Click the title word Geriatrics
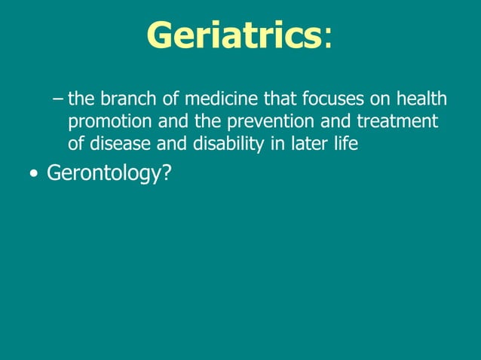tap(234, 35)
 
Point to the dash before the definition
tap(60, 99)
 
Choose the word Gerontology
tap(103, 175)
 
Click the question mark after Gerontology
tap(167, 173)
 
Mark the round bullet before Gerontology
tap(32, 175)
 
